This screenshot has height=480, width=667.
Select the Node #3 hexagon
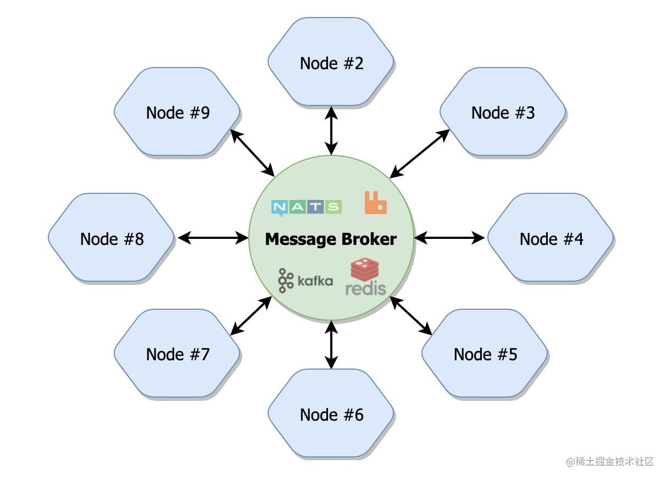[x=502, y=112]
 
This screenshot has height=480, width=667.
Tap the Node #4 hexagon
[x=551, y=238]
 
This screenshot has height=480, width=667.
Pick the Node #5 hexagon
[x=485, y=354]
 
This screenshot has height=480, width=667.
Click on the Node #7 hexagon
[x=177, y=354]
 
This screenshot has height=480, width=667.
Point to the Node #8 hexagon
[x=112, y=238]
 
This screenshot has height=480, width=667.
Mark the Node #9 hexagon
[x=177, y=112]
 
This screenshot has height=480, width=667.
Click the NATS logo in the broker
[x=306, y=207]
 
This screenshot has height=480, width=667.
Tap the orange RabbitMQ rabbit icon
[x=376, y=203]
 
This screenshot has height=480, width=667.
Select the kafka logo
[x=305, y=281]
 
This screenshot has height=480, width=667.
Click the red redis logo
[x=365, y=277]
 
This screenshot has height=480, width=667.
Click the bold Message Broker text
[x=331, y=239]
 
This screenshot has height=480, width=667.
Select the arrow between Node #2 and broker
[x=331, y=130]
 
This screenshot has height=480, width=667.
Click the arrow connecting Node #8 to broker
[x=213, y=238]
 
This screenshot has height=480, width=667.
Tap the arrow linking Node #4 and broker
[x=449, y=238]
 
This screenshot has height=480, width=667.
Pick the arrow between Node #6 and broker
[x=331, y=345]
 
